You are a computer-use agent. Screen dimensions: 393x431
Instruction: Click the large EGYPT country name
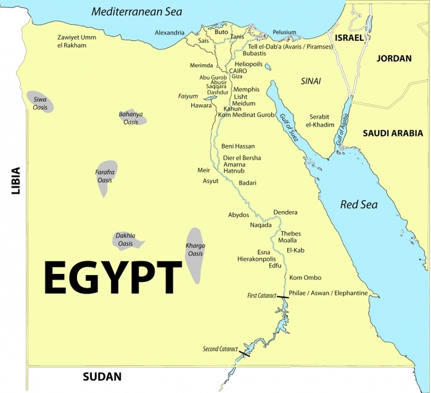click(x=113, y=276)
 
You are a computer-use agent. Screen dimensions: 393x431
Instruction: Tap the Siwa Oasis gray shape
click(x=40, y=102)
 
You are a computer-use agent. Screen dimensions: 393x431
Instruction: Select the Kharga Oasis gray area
click(x=195, y=254)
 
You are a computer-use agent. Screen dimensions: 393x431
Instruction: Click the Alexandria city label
click(x=170, y=32)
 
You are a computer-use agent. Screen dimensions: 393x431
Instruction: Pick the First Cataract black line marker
click(x=282, y=297)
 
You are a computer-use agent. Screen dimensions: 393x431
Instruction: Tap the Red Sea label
click(x=359, y=204)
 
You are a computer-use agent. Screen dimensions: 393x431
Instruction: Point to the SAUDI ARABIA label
click(x=393, y=133)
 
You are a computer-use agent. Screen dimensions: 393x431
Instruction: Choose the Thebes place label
click(x=290, y=234)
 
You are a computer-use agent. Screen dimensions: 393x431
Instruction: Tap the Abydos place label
click(x=239, y=215)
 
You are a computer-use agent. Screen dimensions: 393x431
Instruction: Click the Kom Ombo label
click(x=305, y=278)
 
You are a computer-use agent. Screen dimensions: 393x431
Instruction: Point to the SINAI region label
click(x=311, y=81)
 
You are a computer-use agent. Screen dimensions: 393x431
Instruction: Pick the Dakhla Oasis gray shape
click(x=128, y=239)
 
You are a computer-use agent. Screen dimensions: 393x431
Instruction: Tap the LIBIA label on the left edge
click(x=15, y=181)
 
